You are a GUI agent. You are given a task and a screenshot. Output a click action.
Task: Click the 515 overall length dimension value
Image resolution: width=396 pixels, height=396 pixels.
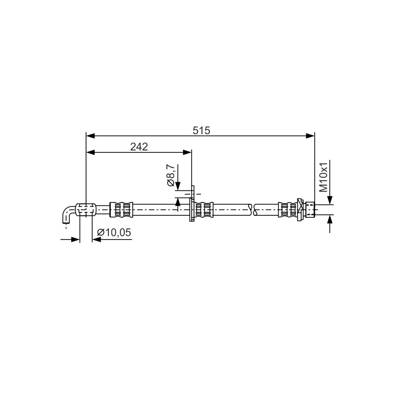pos(201,131)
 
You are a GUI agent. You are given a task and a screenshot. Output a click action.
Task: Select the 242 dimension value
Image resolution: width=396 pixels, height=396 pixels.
pos(139,147)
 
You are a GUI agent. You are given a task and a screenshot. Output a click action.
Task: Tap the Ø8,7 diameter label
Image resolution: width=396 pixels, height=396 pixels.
pos(170,175)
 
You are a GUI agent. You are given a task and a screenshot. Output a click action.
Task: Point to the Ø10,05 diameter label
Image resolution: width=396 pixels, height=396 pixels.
pos(114,232)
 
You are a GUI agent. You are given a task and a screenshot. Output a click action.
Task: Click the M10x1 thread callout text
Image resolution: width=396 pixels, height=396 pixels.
pos(324,177)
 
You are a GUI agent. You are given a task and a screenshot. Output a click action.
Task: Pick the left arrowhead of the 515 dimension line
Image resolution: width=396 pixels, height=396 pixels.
pos(91,136)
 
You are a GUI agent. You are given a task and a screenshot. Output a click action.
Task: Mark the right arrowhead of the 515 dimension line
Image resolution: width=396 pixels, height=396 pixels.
pos(310,136)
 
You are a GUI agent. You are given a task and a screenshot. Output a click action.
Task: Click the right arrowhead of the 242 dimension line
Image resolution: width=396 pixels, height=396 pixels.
pos(187,152)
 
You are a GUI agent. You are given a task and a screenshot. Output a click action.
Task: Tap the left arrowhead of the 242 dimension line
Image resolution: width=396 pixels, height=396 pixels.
pos(91,152)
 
